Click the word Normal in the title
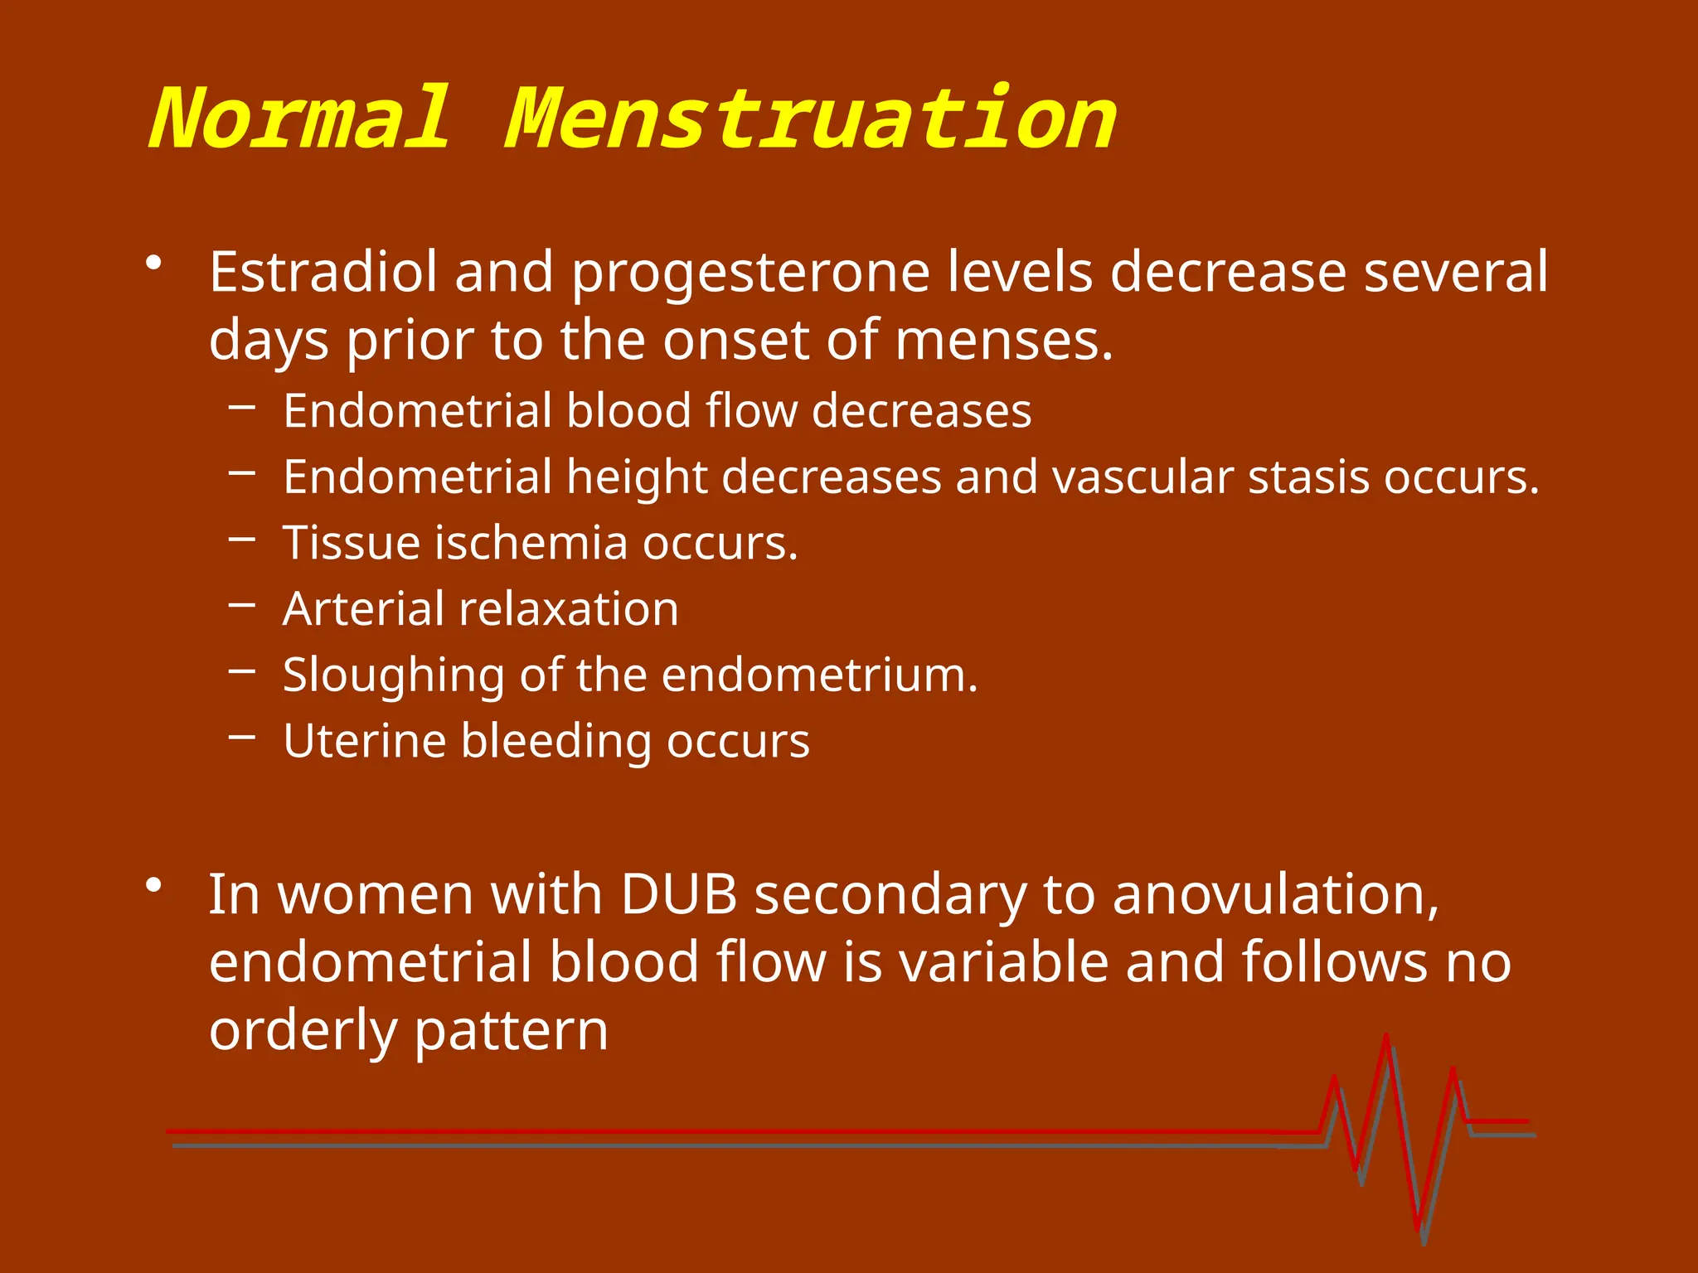[300, 120]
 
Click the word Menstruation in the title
[811, 120]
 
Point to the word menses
[1003, 341]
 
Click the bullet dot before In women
[153, 886]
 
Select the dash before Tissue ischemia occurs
[242, 540]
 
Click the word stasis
[1307, 477]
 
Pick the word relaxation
[569, 609]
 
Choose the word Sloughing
[393, 675]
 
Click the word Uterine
[364, 741]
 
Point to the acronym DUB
[679, 895]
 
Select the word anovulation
[1275, 895]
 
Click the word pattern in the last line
[511, 1031]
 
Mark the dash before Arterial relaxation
[242, 605]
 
